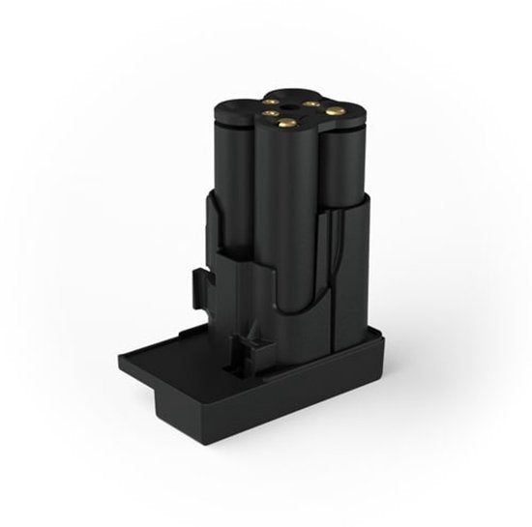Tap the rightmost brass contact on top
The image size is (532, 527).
coord(336,111)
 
